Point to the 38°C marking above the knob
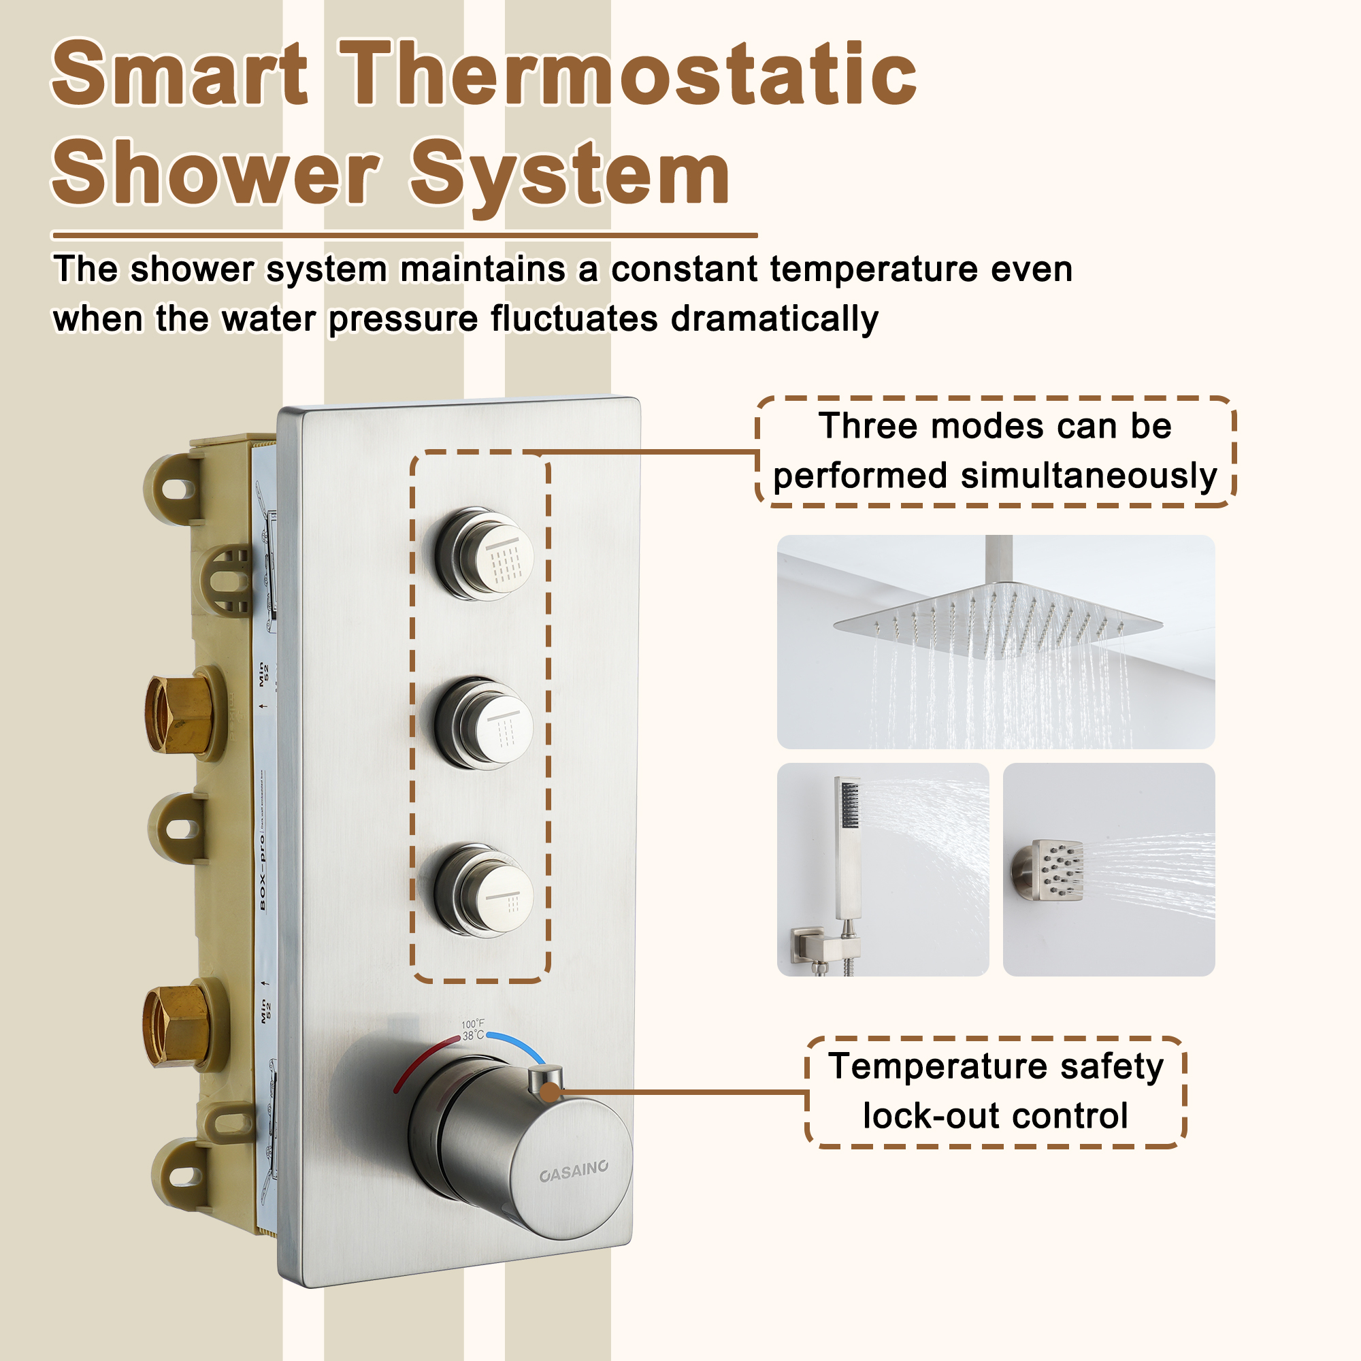[473, 1036]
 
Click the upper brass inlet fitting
[179, 714]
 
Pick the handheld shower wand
[847, 845]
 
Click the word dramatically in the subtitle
[774, 319]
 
